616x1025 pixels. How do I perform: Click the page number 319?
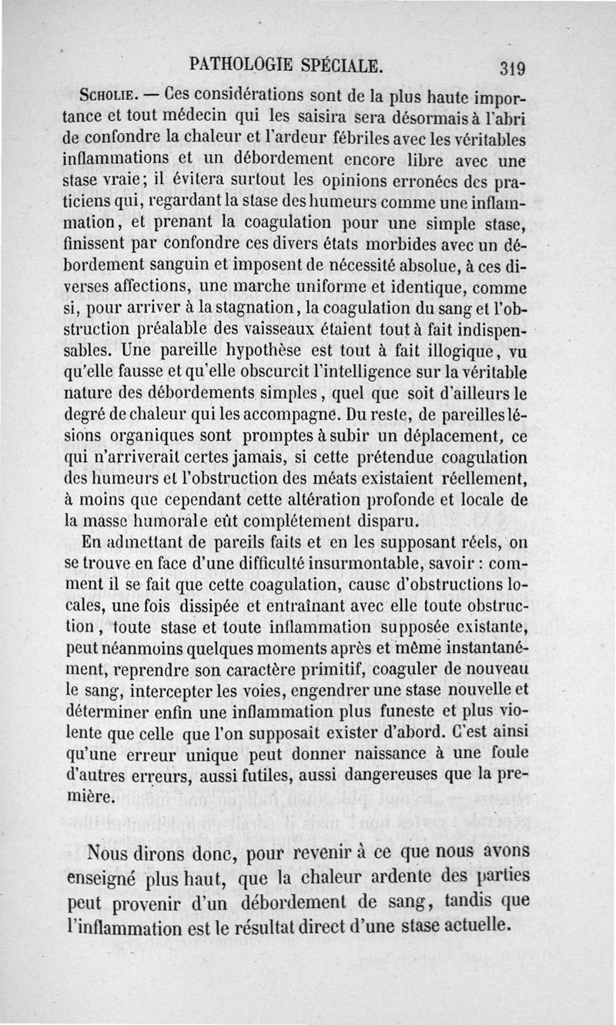pyautogui.click(x=511, y=69)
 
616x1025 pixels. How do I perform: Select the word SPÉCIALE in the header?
pyautogui.click(x=343, y=63)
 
